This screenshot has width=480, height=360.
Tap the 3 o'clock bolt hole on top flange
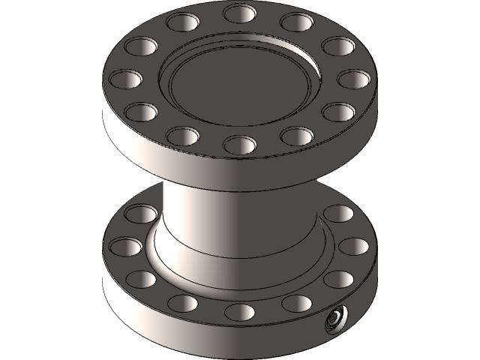tap(351, 78)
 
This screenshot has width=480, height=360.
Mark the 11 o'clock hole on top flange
tap(181, 22)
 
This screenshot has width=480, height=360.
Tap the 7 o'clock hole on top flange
tap(182, 136)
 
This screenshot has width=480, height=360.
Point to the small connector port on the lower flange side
tap(332, 321)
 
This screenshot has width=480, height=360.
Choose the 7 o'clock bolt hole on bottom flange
tap(182, 303)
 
